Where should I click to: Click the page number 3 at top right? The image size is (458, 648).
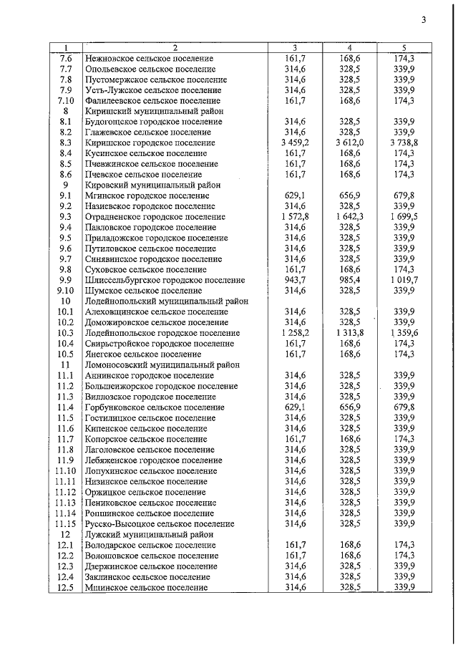[x=424, y=20]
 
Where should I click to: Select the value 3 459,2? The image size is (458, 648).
[x=296, y=143]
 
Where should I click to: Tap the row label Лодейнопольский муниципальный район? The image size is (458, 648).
[x=166, y=301]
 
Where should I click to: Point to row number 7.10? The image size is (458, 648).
[x=66, y=101]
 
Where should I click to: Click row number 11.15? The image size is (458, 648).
[x=66, y=524]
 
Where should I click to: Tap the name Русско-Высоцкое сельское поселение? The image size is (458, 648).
[x=159, y=524]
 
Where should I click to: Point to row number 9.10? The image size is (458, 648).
[x=66, y=291]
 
